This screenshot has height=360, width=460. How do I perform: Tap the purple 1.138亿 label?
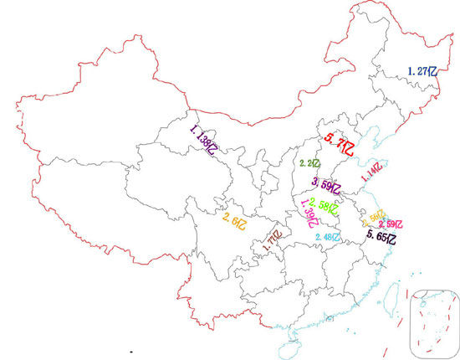[205, 141]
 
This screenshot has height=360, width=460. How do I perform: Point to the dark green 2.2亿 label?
[309, 163]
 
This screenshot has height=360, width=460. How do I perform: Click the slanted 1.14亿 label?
[371, 173]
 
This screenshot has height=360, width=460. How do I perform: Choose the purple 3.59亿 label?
[326, 185]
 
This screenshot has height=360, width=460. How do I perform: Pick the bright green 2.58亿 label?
[325, 203]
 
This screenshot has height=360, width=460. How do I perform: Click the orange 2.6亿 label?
[235, 219]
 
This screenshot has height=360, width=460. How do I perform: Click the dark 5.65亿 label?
[381, 238]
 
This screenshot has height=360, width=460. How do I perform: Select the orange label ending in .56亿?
[372, 218]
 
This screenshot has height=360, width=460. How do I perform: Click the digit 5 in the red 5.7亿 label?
[330, 140]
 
